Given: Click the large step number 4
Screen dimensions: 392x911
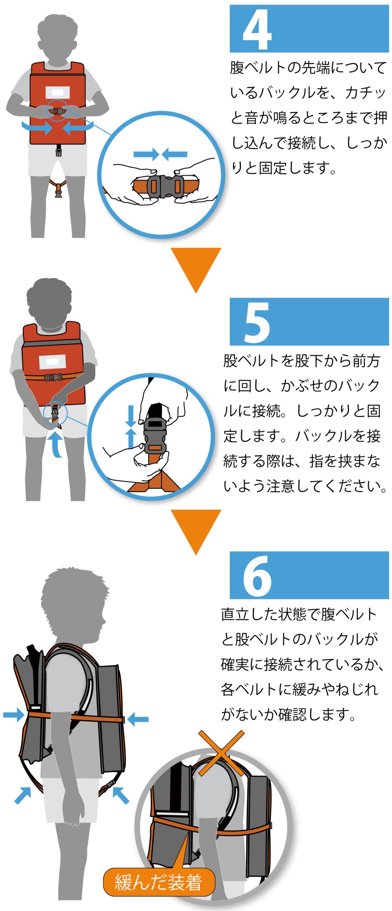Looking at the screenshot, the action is tap(257, 29).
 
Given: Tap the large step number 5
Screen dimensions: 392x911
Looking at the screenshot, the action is tap(257, 322).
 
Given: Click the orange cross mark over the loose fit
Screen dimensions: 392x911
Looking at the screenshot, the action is tap(221, 753).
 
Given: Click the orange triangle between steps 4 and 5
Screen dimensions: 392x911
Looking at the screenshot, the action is tap(196, 270).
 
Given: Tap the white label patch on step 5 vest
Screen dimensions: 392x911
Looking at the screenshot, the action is tap(52, 362).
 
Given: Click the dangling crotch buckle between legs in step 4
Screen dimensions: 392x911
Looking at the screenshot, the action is tap(58, 193).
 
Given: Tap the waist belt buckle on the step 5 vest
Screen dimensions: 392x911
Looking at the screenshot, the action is tap(53, 377).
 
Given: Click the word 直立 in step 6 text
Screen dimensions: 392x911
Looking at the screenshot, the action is tap(235, 615).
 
